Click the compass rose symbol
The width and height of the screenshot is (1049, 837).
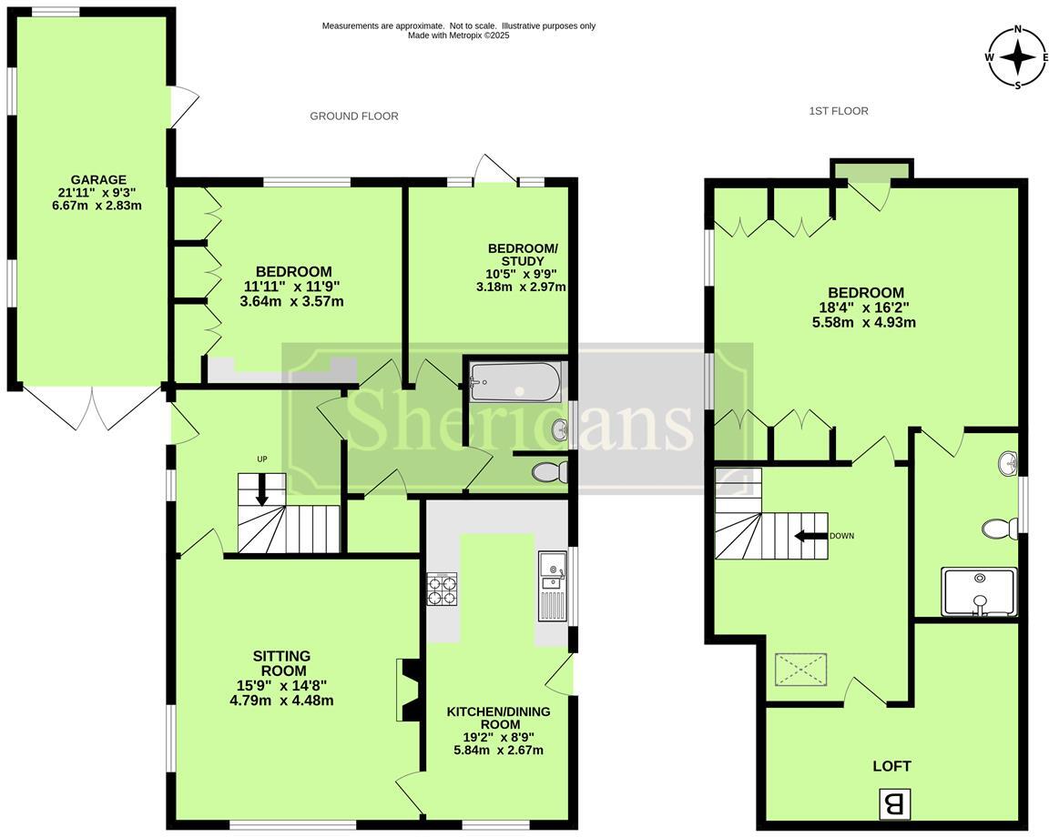click(1017, 57)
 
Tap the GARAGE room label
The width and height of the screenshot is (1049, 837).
click(101, 179)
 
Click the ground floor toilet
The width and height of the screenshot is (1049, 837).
click(549, 472)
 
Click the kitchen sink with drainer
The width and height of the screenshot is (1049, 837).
click(552, 586)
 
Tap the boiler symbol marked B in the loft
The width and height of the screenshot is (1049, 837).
click(893, 803)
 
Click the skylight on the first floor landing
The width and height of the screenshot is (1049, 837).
click(800, 670)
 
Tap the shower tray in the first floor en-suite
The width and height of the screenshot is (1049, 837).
click(979, 591)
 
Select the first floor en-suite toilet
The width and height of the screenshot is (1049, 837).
click(1001, 529)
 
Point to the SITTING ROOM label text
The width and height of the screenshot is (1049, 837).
click(282, 663)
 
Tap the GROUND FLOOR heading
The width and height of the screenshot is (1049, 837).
click(354, 116)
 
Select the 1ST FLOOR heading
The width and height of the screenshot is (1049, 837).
click(839, 111)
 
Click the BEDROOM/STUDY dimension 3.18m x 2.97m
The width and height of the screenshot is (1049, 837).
click(522, 287)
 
